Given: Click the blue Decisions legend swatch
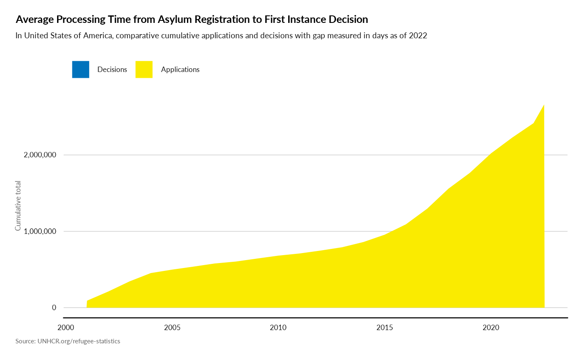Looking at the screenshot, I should (80, 70).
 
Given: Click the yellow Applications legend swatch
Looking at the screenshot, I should (144, 70).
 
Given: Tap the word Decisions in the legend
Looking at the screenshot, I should (112, 70).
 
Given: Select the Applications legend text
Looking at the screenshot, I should (180, 70).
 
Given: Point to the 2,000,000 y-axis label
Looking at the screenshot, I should (40, 155).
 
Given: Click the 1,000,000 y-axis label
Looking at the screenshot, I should (40, 231).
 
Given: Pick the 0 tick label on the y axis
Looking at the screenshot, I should (54, 308).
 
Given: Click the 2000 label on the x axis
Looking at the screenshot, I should (65, 328).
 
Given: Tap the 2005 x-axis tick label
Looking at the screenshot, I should (172, 328).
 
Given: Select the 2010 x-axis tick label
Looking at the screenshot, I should (278, 328).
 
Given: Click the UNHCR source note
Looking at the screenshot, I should (68, 341).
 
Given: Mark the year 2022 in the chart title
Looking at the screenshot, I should (418, 36).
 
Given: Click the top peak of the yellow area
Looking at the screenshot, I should (544, 104).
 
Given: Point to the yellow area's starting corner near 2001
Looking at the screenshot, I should (87, 300).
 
